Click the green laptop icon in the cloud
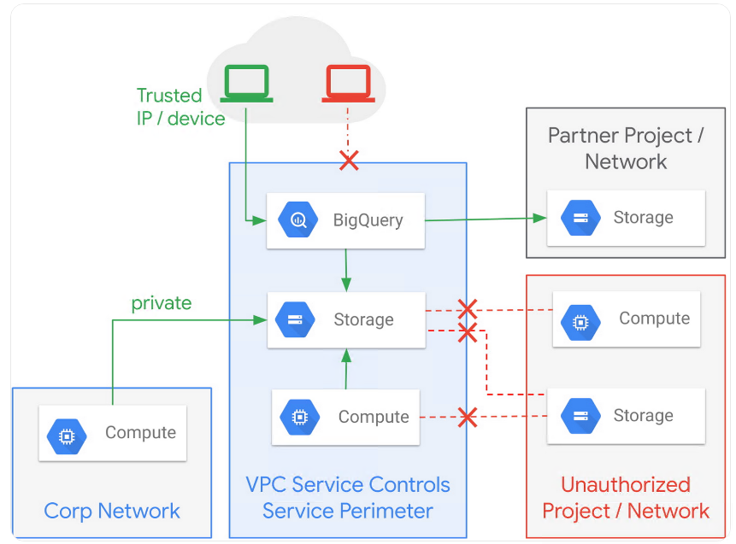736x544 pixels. coord(247,83)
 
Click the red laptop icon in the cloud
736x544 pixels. coord(348,84)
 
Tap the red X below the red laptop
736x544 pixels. coord(349,160)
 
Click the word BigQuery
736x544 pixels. coord(368,220)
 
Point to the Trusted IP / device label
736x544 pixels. coord(180,107)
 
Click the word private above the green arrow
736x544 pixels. coord(161,303)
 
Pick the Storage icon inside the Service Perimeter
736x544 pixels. coord(295,320)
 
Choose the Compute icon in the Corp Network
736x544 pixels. coord(67,434)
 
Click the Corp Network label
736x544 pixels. coord(112,511)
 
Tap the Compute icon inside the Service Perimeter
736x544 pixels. coord(299,418)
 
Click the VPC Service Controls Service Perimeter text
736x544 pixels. coord(348,498)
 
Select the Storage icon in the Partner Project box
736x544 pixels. coord(580,218)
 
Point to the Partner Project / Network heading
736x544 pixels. coord(626,148)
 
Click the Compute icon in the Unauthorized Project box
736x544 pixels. coord(580,319)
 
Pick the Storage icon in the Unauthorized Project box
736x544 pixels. coord(580,416)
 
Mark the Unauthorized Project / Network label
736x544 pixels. coord(626,498)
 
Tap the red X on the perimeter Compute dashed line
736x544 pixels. coord(467,418)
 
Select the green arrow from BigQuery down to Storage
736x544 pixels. coord(345,270)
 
